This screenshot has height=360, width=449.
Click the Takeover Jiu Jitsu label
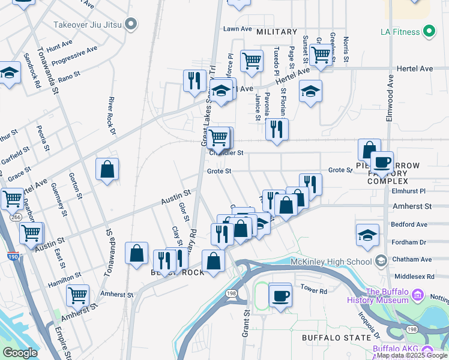pos(88,25)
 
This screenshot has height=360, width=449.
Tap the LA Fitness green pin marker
pos(429,30)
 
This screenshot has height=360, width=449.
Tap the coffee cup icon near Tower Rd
pos(280,295)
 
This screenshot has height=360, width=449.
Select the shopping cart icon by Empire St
pos(77,295)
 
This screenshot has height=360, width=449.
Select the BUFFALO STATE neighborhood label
pos(336,338)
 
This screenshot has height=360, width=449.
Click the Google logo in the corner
pos(20,352)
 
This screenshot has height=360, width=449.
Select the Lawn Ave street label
pos(237,29)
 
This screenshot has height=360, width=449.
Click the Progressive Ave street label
pos(74,55)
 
